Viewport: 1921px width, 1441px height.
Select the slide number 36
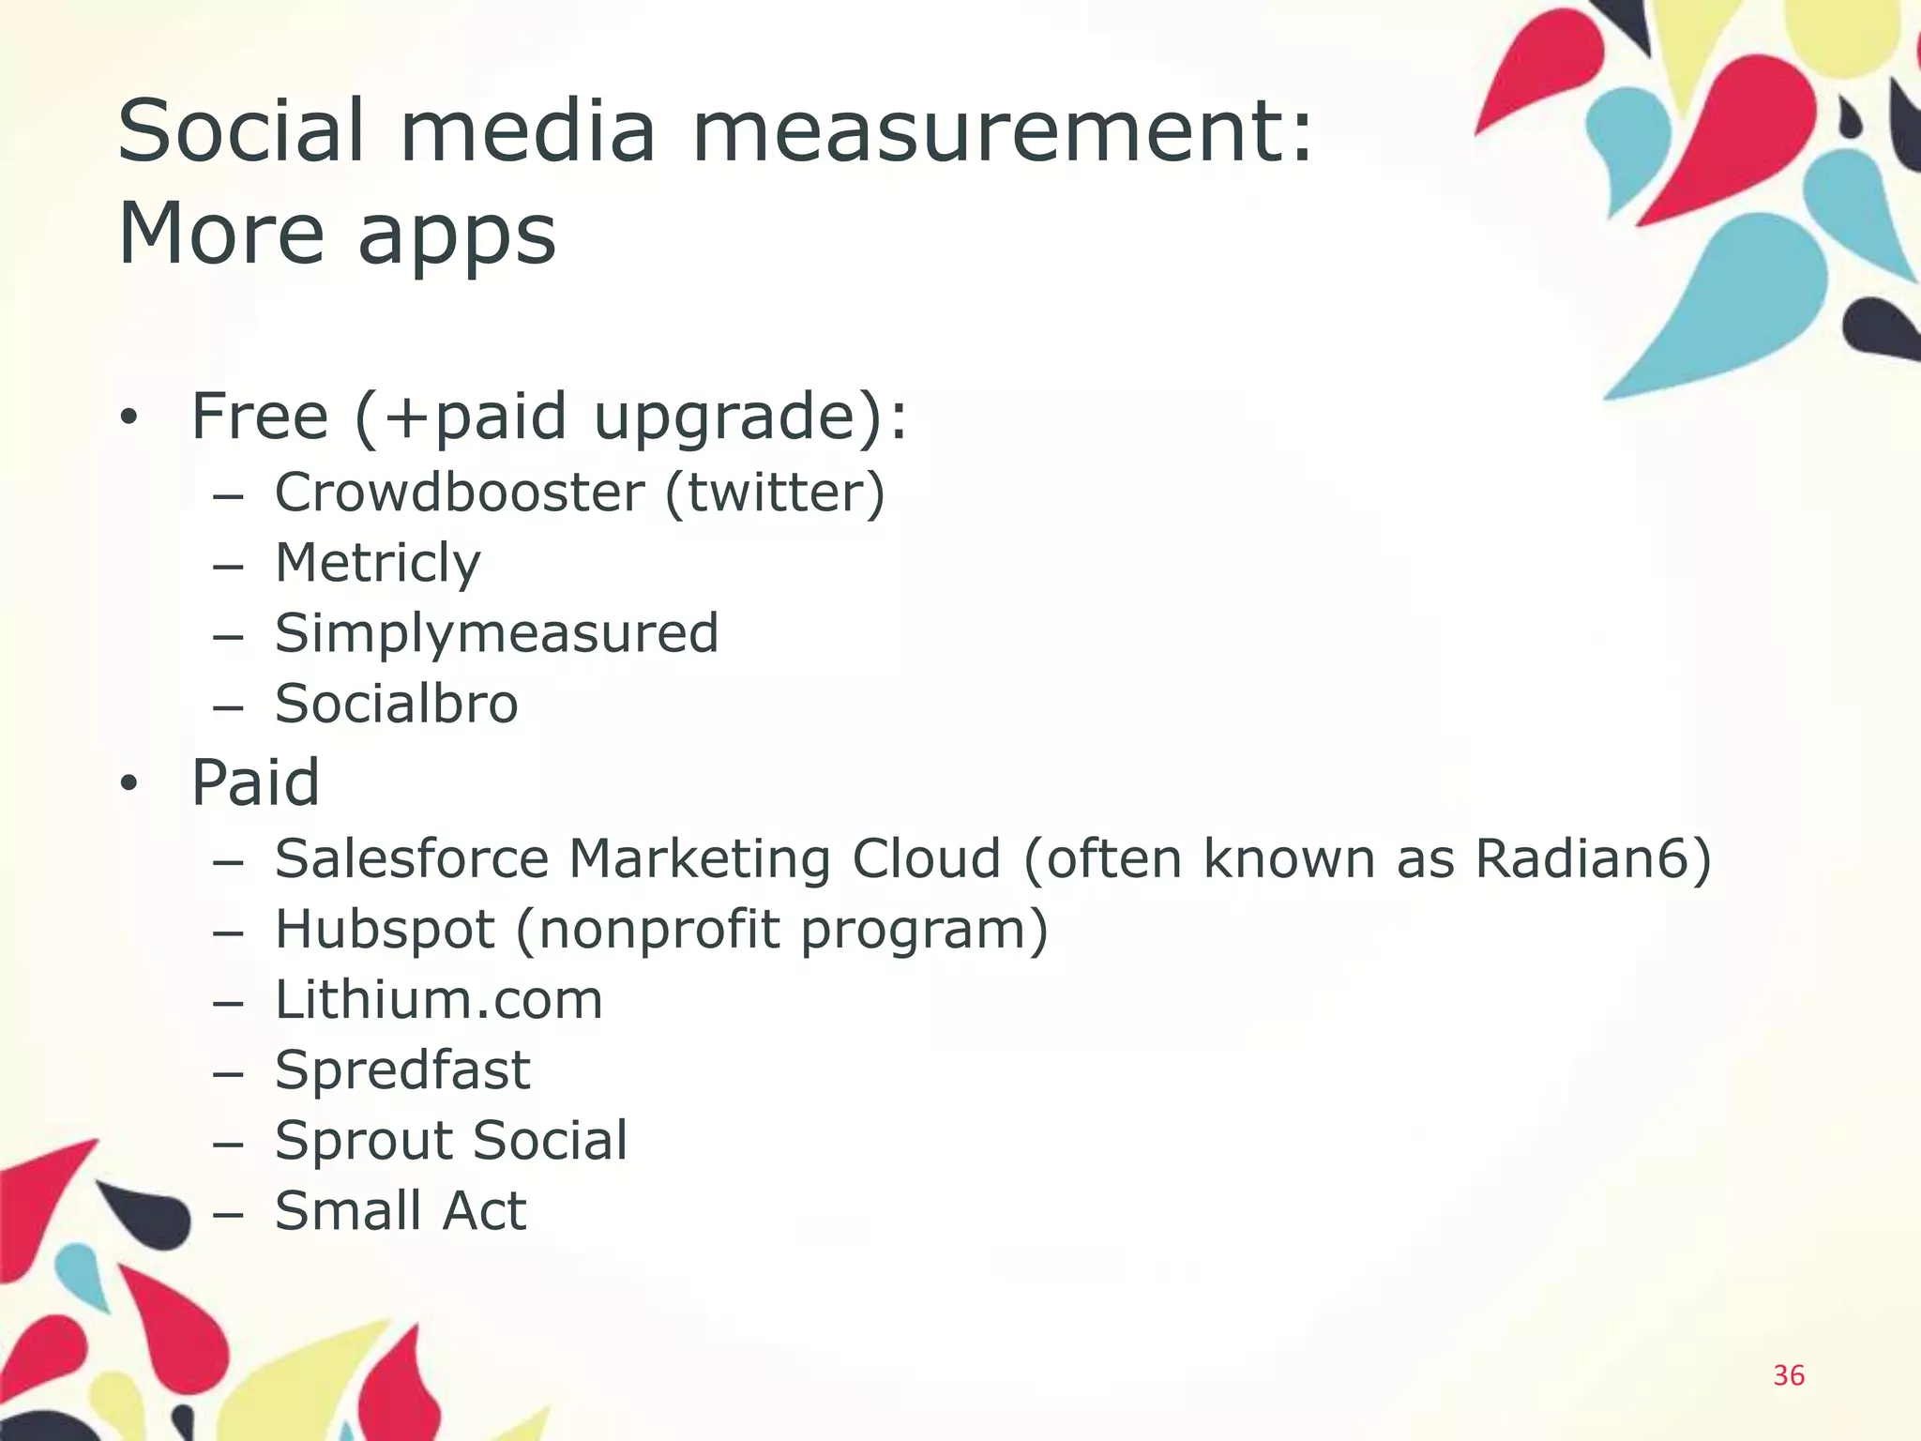pos(1788,1375)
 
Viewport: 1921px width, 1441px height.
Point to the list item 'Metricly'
pos(377,564)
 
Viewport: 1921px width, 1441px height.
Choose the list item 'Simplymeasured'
pos(496,633)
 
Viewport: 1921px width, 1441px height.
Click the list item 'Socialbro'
pos(396,704)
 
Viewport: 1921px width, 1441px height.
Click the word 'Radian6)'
pos(1593,858)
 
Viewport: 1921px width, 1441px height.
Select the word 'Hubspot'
pos(384,930)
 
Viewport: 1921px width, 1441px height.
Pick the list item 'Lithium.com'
pos(438,1000)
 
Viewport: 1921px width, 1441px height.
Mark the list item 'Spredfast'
pos(401,1070)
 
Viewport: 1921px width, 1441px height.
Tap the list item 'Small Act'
pos(400,1211)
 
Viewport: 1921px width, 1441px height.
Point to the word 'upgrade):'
pos(750,417)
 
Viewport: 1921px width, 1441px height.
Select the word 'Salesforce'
pos(411,858)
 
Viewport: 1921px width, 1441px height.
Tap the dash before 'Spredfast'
pos(228,1072)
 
